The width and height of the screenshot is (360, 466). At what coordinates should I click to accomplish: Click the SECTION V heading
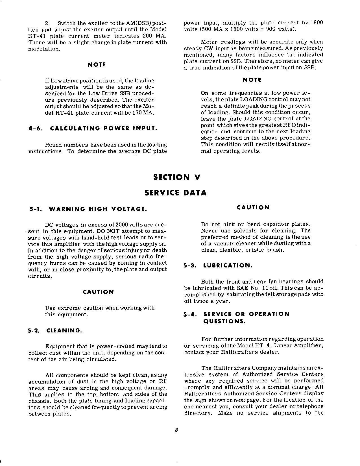(176, 177)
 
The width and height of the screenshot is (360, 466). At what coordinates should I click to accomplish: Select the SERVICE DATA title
(175, 193)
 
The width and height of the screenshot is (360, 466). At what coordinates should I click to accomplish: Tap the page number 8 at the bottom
(176, 430)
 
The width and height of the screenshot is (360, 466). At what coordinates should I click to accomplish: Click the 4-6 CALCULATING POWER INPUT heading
(93, 129)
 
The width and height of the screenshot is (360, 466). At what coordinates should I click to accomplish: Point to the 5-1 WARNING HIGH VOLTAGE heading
(88, 209)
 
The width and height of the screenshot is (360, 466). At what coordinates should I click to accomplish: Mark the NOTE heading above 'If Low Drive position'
(97, 65)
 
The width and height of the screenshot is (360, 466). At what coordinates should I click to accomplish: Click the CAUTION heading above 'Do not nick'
(253, 208)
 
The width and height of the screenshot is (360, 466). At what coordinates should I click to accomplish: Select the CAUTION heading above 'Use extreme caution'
(98, 292)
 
